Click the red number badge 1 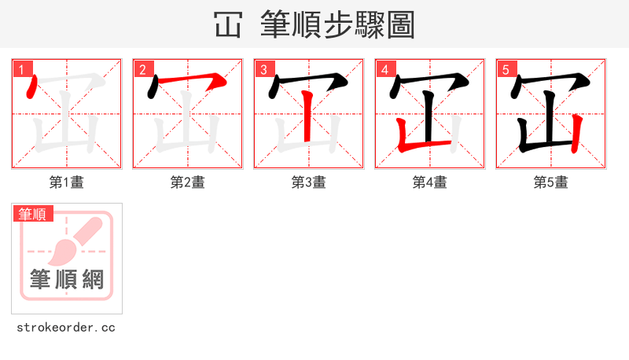point(22,69)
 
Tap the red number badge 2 point(143,69)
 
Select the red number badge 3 point(264,69)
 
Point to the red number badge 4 point(385,69)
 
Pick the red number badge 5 point(506,69)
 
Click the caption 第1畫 point(67,182)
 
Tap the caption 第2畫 point(188,182)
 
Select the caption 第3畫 point(309,182)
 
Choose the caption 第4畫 point(430,182)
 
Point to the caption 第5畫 point(551,182)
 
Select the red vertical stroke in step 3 point(308,118)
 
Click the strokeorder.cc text point(66,327)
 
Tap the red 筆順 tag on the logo point(33,214)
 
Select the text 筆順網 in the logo point(67,279)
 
